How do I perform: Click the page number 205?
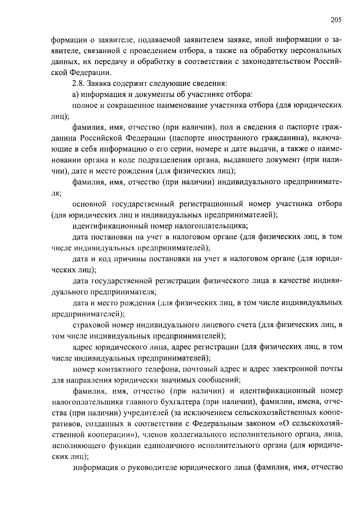click(336, 20)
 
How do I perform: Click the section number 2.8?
click(78, 83)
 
